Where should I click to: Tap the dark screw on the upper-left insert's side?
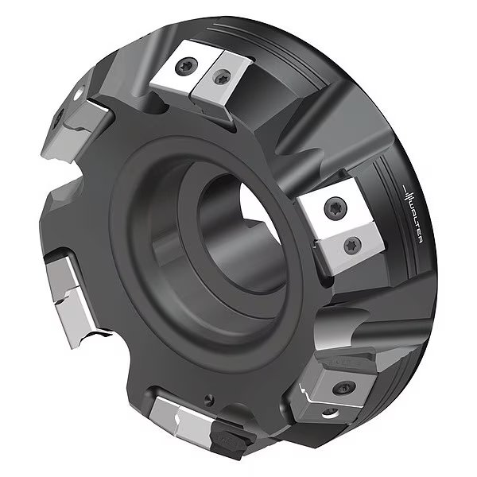[x=61, y=121]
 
